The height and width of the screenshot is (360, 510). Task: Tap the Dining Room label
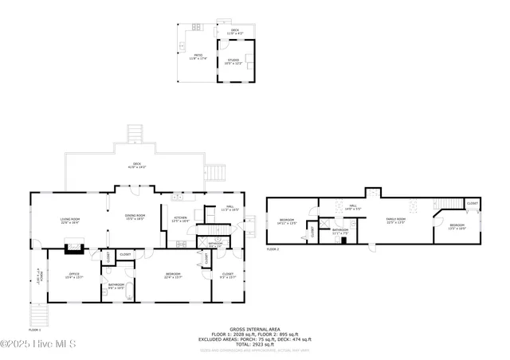pos(134,217)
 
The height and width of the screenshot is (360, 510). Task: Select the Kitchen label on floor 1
pos(180,219)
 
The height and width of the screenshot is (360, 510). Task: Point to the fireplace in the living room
pos(74,248)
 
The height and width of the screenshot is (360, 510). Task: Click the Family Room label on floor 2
pos(396,221)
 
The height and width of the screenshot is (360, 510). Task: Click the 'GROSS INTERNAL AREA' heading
pos(254,328)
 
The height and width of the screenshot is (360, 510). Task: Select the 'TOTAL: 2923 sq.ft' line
pos(254,343)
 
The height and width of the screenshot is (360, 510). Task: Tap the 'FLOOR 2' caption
pos(273,249)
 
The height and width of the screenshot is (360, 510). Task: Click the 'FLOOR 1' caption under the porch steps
pos(35,329)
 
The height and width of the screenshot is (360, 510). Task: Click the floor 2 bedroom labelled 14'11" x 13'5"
pos(288,222)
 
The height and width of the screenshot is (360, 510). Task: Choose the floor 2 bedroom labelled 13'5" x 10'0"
pos(457,226)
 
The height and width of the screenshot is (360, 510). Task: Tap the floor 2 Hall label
pos(352,208)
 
